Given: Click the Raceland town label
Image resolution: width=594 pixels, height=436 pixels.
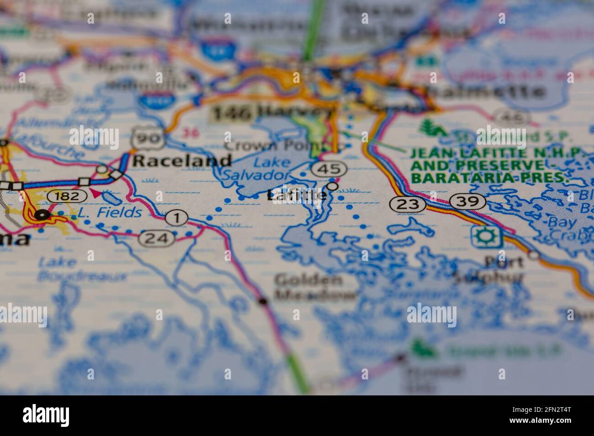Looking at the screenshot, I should point(182,161).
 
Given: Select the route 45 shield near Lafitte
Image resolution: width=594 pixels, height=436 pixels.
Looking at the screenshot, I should point(329,169).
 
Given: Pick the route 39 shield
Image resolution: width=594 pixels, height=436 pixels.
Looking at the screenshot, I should point(467,201).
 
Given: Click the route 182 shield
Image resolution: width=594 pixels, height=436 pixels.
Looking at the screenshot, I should point(68,196).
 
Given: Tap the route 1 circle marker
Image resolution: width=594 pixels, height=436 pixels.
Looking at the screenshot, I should point(176,218).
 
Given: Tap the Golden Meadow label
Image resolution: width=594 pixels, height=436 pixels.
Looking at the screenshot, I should point(315,286).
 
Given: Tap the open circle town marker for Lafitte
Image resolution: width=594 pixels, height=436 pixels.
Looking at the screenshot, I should point(333,187).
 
